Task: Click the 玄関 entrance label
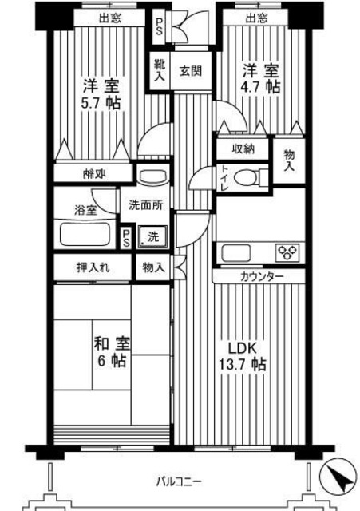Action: click(x=190, y=71)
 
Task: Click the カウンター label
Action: click(x=259, y=276)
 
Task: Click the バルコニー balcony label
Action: click(x=178, y=481)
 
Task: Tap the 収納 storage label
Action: click(x=243, y=149)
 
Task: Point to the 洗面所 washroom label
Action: click(x=144, y=204)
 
